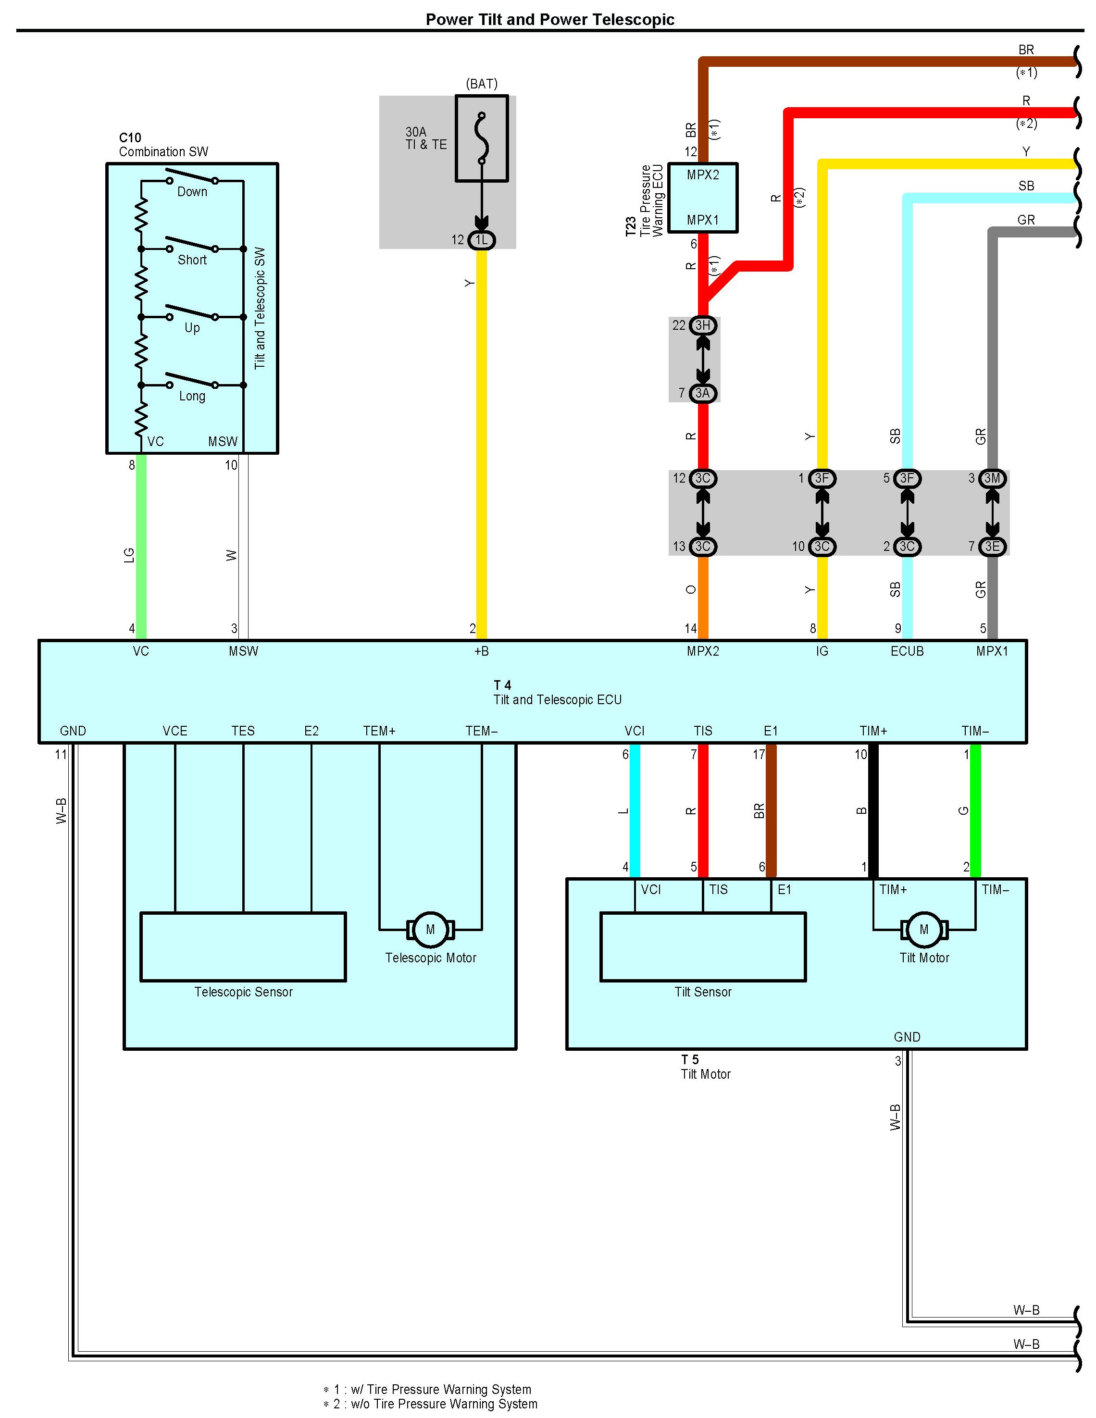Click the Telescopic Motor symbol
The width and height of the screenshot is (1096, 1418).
(x=430, y=930)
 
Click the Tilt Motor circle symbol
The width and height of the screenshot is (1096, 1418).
(x=924, y=930)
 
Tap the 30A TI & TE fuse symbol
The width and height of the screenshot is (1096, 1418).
(x=481, y=138)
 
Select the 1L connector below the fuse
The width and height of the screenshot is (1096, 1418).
(x=481, y=240)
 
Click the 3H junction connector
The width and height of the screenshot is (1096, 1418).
(x=702, y=325)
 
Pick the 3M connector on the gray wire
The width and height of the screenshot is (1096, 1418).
(x=992, y=478)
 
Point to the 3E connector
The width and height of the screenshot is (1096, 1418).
(x=992, y=547)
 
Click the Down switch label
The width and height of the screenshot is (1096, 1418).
(x=192, y=191)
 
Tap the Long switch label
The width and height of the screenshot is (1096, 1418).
(x=192, y=396)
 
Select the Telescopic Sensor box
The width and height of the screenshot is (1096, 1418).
(x=243, y=946)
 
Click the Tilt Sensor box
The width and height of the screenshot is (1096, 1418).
(x=702, y=946)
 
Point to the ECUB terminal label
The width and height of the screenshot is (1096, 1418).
(x=907, y=651)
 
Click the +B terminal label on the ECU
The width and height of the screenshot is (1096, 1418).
(x=481, y=651)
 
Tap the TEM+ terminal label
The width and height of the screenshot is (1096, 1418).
(x=379, y=731)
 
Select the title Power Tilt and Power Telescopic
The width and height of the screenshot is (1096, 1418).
(x=549, y=20)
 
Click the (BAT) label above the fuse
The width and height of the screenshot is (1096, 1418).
(x=481, y=84)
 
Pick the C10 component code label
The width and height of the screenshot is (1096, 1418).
(x=130, y=137)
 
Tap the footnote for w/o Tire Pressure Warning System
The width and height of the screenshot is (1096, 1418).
(x=431, y=1404)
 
